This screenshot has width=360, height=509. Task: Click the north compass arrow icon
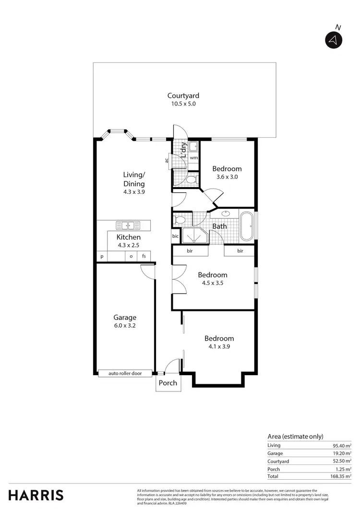coord(332,40)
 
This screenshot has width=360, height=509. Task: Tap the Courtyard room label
coord(183,96)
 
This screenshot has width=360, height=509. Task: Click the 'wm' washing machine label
coord(194,157)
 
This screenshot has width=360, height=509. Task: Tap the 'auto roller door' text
coord(125,373)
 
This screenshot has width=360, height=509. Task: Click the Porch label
coord(168,383)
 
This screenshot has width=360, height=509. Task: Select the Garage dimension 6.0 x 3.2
coord(125,325)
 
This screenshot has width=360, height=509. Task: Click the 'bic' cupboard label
coord(176,237)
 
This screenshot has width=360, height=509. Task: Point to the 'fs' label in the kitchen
coord(144,257)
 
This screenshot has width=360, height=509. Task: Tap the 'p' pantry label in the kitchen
coord(102,257)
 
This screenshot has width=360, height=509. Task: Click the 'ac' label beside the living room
coord(167,160)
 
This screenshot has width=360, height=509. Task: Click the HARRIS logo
coord(36,495)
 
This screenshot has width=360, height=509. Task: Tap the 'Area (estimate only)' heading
coord(295,436)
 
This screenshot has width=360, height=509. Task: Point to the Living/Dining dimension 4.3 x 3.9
coord(134,191)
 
